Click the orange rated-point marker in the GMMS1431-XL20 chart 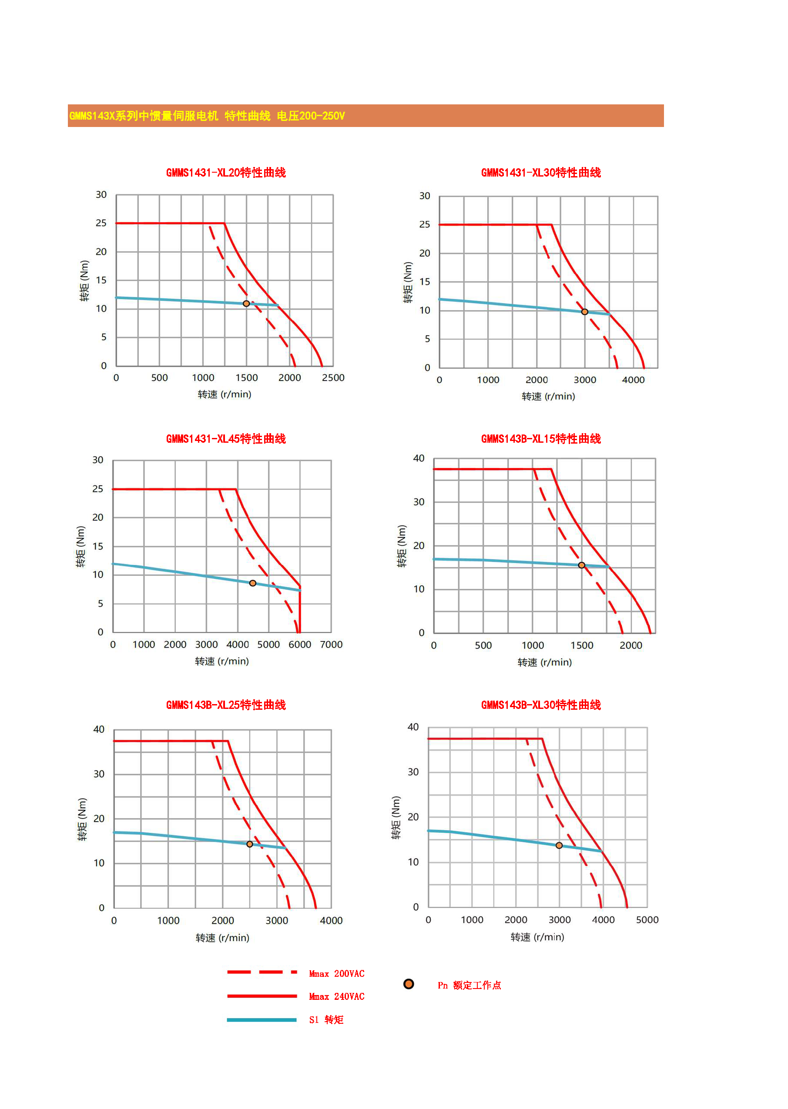(246, 304)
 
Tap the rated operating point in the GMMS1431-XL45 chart (253, 583)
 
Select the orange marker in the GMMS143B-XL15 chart (581, 565)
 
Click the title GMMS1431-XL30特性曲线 (540, 173)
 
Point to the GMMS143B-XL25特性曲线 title (226, 705)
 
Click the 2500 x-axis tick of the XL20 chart (333, 378)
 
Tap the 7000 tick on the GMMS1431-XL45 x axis (331, 645)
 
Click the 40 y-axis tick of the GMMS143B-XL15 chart (418, 458)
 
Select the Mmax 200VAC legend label (337, 974)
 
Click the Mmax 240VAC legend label (337, 996)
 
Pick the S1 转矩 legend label (326, 1020)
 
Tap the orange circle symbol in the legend (409, 984)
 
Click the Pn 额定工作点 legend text (469, 985)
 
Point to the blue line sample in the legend (262, 1020)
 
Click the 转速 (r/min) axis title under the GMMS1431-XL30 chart (548, 397)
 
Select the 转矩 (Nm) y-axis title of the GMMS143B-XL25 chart (83, 819)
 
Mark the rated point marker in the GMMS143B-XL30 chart (559, 845)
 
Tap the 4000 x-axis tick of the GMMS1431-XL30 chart (633, 380)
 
